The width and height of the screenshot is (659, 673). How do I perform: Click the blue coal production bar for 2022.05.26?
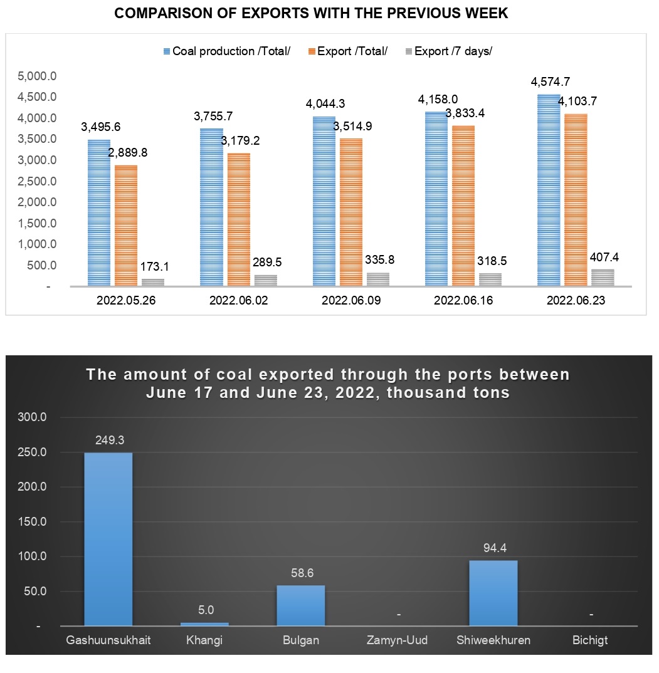point(99,213)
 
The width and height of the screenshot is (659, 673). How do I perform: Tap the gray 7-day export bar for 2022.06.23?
point(603,278)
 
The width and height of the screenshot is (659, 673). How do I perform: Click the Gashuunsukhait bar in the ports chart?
point(108,539)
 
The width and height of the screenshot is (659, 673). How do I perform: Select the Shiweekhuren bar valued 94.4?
point(493,593)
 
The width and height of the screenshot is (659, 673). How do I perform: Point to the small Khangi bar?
point(205,623)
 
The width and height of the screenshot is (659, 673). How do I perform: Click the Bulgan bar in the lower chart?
point(301,605)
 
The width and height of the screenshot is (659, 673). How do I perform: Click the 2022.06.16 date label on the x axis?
point(463,301)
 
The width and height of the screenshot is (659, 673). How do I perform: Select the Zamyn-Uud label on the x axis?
point(398,641)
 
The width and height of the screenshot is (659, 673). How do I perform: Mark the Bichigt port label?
point(589,641)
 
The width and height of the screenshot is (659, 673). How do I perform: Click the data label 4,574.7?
point(550,81)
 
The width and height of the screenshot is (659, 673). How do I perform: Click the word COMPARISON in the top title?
point(162,14)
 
